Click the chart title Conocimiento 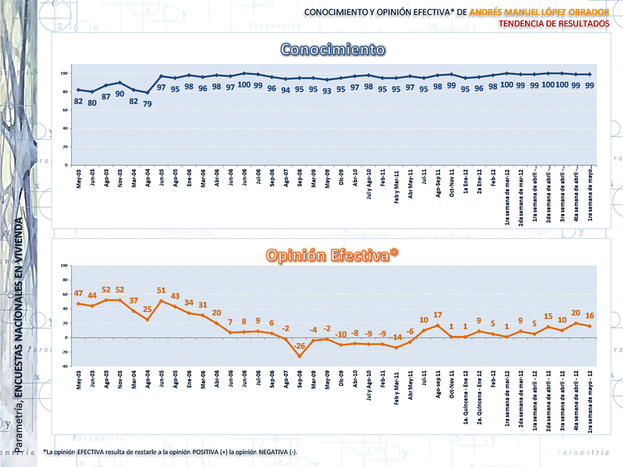[333, 50]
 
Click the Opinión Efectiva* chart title [333, 255]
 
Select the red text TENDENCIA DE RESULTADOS [554, 23]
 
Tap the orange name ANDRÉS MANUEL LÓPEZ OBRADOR [539, 12]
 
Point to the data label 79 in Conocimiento [148, 104]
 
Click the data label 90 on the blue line [120, 94]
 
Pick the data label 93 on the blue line [327, 91]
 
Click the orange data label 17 [438, 315]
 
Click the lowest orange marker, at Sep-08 [300, 356]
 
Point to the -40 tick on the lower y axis [64, 367]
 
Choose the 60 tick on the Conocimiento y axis [65, 110]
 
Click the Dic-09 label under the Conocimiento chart [342, 177]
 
